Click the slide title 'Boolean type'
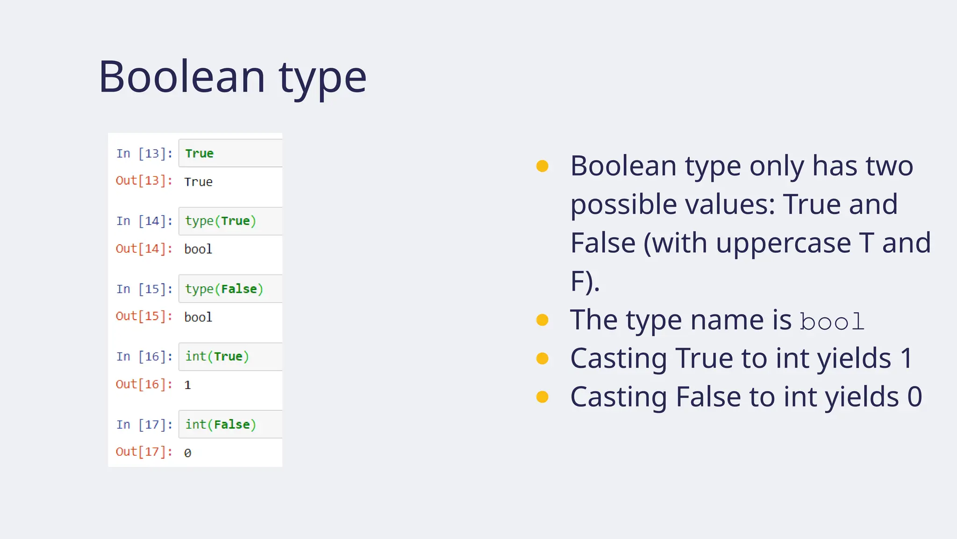point(232,77)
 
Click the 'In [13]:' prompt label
point(144,153)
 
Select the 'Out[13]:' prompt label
point(144,181)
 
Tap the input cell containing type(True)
point(230,221)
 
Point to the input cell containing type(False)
point(230,289)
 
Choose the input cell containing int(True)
point(230,357)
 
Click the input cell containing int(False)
point(230,424)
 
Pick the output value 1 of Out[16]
point(187,385)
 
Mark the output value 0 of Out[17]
point(187,453)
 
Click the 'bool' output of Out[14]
point(198,249)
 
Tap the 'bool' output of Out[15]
point(198,317)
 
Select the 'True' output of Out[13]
point(198,182)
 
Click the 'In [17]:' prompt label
point(144,424)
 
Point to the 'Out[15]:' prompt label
point(144,316)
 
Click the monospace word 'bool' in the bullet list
point(832,322)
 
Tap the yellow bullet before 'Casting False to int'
point(542,397)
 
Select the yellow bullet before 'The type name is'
point(542,320)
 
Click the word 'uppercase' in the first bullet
point(783,244)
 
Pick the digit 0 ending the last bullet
point(914,397)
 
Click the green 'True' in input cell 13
point(199,153)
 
